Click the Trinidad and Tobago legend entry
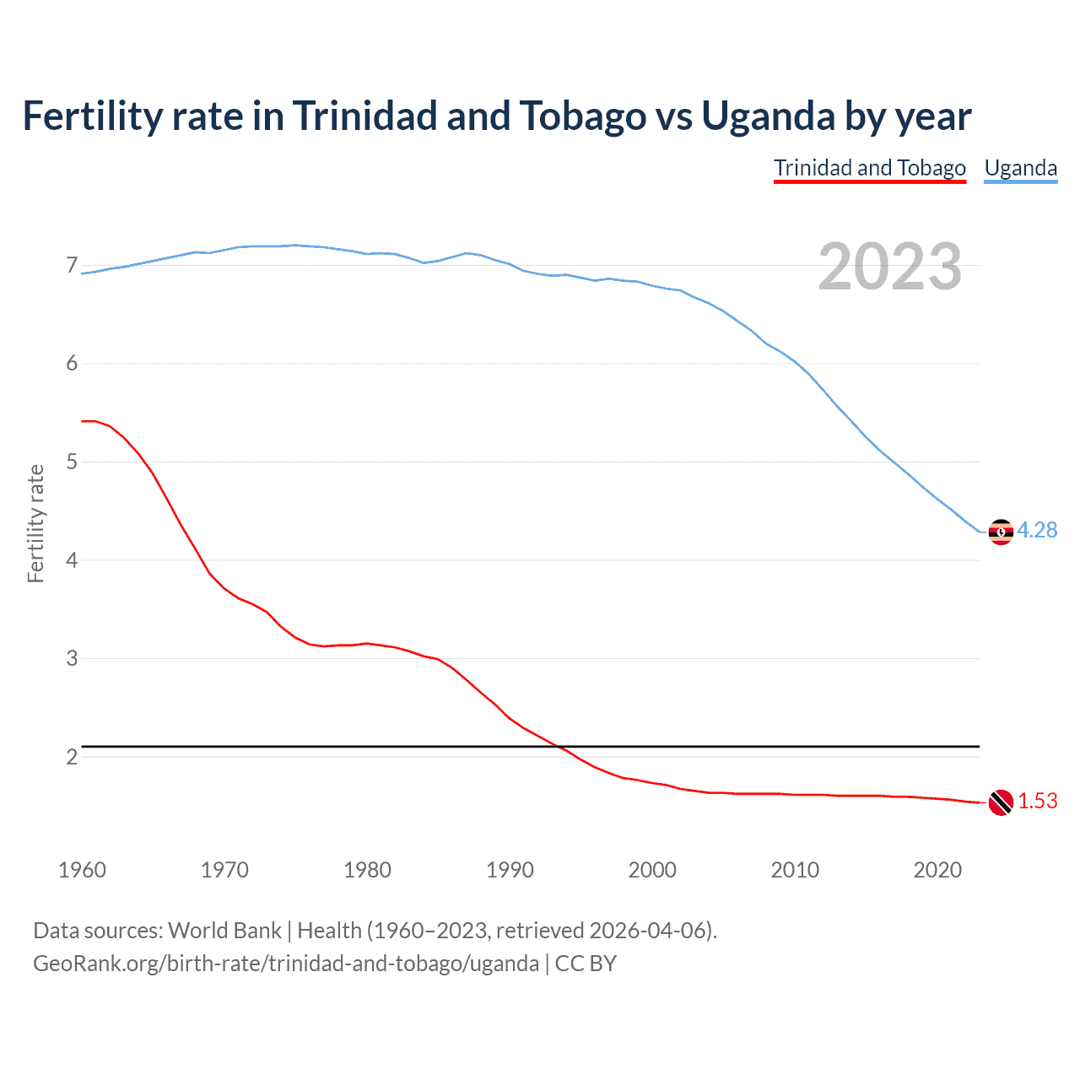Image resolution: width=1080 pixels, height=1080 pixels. [870, 168]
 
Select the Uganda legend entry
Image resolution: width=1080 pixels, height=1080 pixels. [1021, 168]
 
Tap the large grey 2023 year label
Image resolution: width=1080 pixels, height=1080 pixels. [889, 267]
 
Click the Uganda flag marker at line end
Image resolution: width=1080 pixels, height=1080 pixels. [1001, 532]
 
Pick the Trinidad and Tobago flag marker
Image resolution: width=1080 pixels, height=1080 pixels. [1001, 802]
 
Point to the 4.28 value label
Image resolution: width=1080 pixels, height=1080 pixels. [1037, 530]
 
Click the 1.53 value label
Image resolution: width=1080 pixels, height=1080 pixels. [1038, 801]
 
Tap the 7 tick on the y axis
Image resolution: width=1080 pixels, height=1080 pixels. [72, 266]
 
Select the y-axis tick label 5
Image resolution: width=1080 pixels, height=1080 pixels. [72, 462]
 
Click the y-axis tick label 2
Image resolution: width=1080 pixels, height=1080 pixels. [72, 757]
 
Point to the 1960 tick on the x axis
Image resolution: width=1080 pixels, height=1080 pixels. [82, 870]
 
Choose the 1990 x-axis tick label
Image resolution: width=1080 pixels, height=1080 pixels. [510, 870]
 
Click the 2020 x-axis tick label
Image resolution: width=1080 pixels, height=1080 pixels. [937, 870]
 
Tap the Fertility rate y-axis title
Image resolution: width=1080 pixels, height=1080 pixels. [35, 523]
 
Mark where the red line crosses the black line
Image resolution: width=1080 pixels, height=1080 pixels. [558, 747]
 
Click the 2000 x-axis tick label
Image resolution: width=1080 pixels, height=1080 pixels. [652, 870]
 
